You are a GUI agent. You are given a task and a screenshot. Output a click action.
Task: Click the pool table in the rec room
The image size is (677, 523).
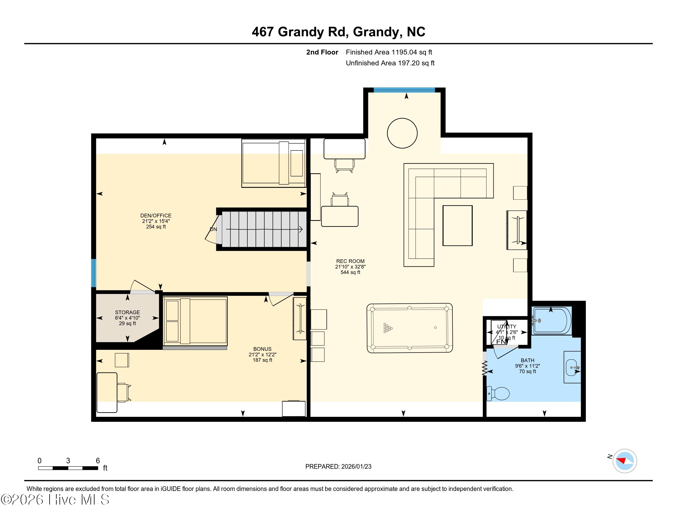point(410,328)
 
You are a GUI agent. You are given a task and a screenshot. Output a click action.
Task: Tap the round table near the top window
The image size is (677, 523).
point(402,133)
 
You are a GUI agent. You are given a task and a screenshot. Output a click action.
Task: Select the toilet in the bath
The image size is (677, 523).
point(499,393)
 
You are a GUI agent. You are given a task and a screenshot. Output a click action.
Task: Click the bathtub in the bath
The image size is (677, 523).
point(551,321)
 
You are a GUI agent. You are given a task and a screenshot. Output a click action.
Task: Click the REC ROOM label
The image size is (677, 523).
point(350,261)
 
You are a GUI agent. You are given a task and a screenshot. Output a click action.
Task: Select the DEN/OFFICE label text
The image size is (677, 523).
point(156,216)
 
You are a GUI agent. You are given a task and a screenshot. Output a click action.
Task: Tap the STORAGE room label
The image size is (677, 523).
point(127,312)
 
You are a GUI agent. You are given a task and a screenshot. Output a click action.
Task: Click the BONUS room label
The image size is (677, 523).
point(262,349)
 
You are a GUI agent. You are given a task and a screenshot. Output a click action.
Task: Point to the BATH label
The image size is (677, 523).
point(527,360)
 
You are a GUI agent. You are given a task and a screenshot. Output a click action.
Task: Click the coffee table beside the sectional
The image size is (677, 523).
point(457,226)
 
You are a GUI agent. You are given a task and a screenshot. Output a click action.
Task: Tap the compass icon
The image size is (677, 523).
point(625,461)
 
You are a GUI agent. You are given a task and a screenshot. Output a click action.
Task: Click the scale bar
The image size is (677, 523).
point(68,468)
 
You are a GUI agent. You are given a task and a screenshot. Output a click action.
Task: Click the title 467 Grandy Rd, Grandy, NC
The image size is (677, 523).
point(338,32)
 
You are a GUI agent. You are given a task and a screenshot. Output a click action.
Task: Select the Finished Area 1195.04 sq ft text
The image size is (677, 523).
point(389,52)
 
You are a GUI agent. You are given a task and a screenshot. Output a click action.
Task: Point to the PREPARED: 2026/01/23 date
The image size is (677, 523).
point(338,466)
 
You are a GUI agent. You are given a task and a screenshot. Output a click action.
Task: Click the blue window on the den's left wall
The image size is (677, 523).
point(93,273)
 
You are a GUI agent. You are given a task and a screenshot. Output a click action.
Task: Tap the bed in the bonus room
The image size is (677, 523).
point(195,321)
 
